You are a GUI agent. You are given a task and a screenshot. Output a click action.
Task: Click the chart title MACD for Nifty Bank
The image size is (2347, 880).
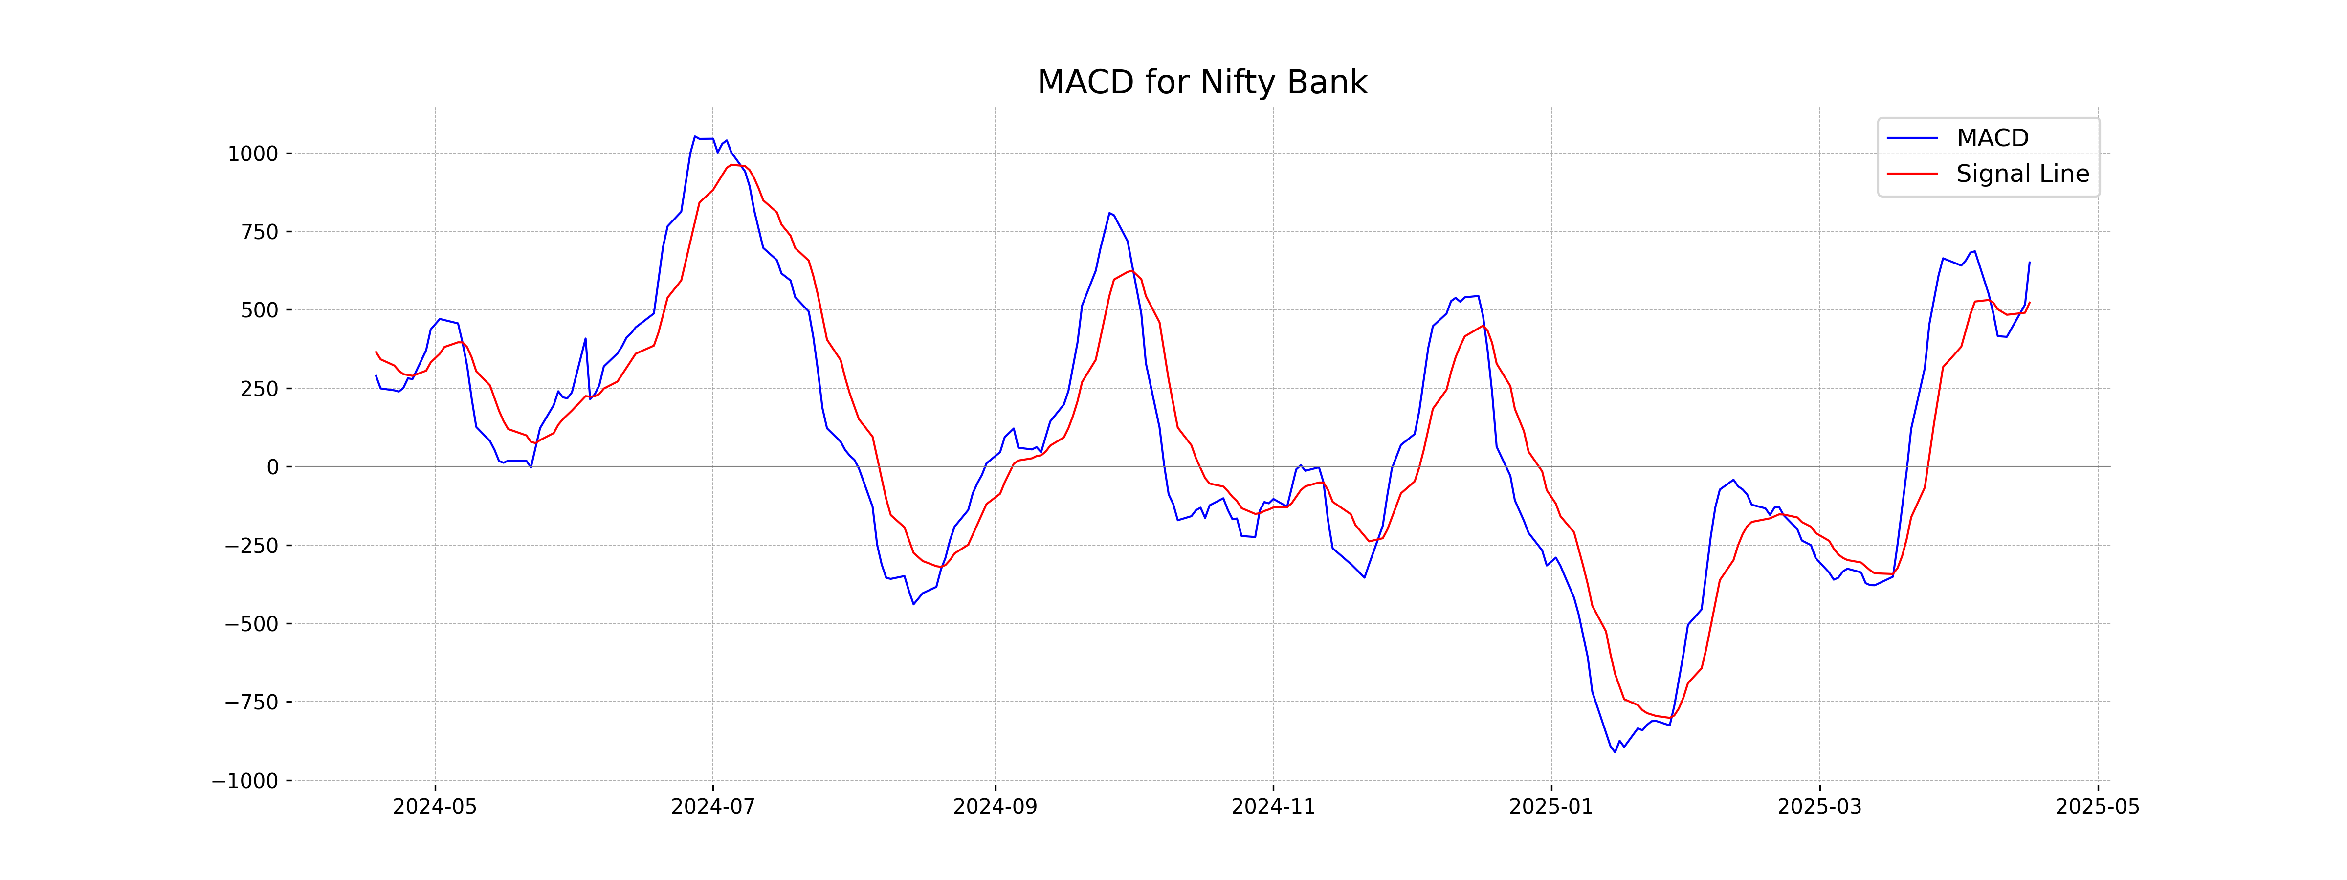[x=1202, y=83]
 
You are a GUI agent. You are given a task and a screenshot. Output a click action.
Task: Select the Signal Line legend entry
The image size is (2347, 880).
[x=2022, y=174]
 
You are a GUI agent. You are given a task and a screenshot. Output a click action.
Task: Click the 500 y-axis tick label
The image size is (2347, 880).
[x=259, y=310]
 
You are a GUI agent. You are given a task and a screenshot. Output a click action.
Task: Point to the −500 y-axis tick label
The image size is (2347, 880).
[x=251, y=624]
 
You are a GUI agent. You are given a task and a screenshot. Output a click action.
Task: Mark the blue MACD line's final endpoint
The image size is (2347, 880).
[x=2029, y=263]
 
